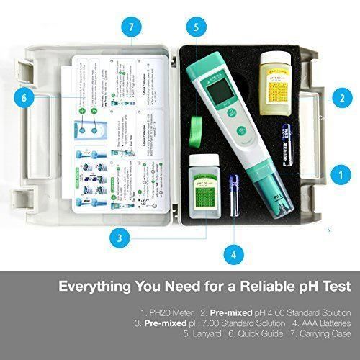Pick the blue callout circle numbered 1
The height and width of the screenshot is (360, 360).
(336, 174)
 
